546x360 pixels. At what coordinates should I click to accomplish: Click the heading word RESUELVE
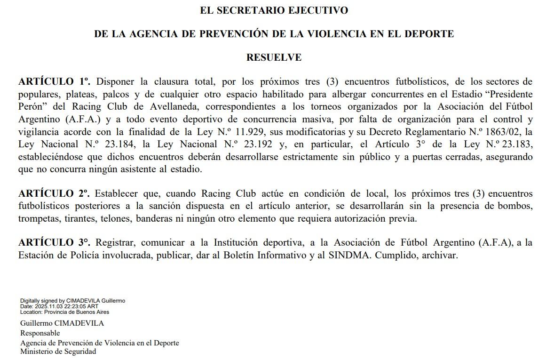[x=274, y=58]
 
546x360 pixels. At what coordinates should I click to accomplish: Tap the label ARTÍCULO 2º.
[x=54, y=194]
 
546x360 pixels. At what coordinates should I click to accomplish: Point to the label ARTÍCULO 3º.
[x=54, y=243]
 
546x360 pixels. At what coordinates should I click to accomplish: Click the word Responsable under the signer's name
[x=40, y=333]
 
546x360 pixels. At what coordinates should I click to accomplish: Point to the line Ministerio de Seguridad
[x=58, y=352]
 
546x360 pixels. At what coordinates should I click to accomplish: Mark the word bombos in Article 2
[x=517, y=206]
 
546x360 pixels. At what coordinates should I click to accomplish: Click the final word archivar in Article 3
[x=440, y=256]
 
